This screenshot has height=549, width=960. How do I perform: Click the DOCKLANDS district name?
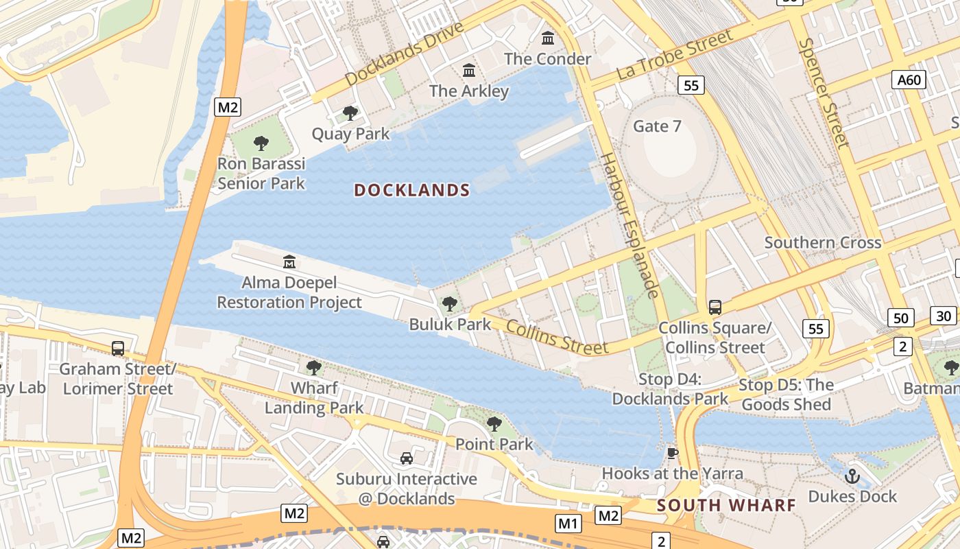tap(412, 190)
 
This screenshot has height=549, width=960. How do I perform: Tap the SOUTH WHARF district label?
tap(726, 506)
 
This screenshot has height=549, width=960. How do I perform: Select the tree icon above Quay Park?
tap(350, 113)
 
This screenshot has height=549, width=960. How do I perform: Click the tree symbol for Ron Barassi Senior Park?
tap(261, 143)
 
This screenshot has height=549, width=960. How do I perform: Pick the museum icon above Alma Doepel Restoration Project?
tap(289, 261)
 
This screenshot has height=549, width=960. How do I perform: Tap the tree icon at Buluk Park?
tap(450, 303)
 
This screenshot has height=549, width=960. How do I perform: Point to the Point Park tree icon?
tap(494, 424)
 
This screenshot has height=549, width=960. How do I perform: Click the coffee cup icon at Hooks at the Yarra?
tap(673, 453)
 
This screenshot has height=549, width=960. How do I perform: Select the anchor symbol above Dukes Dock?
tap(852, 475)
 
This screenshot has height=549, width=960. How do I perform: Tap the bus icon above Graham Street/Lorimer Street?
tap(118, 349)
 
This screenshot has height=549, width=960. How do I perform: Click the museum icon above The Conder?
tap(548, 38)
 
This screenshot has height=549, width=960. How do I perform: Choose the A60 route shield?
tap(909, 80)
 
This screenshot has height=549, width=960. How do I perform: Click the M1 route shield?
tap(568, 524)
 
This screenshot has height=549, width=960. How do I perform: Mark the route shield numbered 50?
tap(901, 318)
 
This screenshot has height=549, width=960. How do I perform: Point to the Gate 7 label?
tap(657, 126)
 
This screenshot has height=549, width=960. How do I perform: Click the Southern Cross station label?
tap(823, 242)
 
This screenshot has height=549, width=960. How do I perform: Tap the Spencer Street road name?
tap(823, 93)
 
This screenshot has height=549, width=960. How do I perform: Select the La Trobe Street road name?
tap(675, 55)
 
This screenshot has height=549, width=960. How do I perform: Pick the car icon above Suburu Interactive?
tap(407, 458)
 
